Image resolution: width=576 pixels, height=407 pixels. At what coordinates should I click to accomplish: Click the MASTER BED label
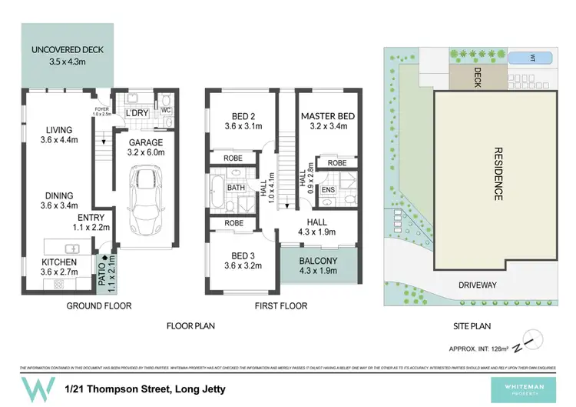pos(327,116)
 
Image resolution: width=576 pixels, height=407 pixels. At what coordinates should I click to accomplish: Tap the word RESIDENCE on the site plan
pos(496,175)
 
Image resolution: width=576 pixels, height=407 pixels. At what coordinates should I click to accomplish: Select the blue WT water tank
pos(533,56)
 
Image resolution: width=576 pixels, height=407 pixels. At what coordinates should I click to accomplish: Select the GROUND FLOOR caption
pos(99,306)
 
